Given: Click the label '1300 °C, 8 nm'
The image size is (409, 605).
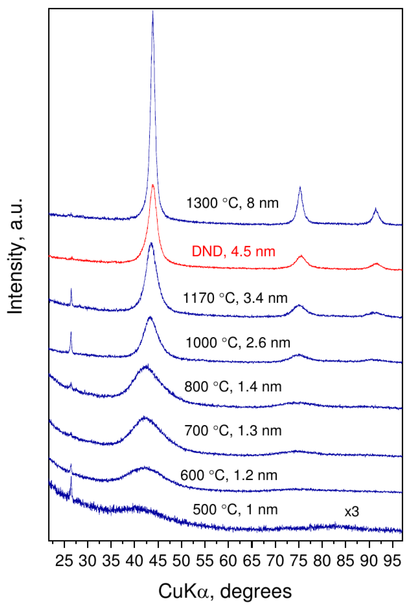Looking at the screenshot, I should [x=232, y=203].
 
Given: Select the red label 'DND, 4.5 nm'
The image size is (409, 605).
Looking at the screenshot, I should [x=233, y=252].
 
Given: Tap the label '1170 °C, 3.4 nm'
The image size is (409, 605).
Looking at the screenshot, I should [x=235, y=298].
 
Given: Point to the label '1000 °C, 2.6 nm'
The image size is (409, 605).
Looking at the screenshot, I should [x=238, y=342].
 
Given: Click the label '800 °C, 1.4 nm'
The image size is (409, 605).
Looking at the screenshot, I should [x=233, y=387].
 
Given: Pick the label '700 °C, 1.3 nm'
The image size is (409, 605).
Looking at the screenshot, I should [x=233, y=431].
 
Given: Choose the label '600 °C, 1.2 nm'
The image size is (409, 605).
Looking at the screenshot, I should [x=229, y=475].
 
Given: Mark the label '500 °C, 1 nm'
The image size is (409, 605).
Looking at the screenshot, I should [x=235, y=510].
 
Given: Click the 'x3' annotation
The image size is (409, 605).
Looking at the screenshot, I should [x=351, y=512].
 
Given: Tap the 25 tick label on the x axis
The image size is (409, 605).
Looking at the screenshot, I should [x=64, y=561].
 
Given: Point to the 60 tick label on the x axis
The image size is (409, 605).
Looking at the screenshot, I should [x=228, y=561].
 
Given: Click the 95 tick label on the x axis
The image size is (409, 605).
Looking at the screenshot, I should [x=392, y=561].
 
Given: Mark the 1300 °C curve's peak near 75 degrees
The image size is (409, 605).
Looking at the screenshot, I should [x=300, y=187].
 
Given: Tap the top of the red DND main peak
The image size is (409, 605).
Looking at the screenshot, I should [x=153, y=185].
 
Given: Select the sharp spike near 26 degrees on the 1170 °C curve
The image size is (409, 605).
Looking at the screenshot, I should [x=71, y=289].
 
